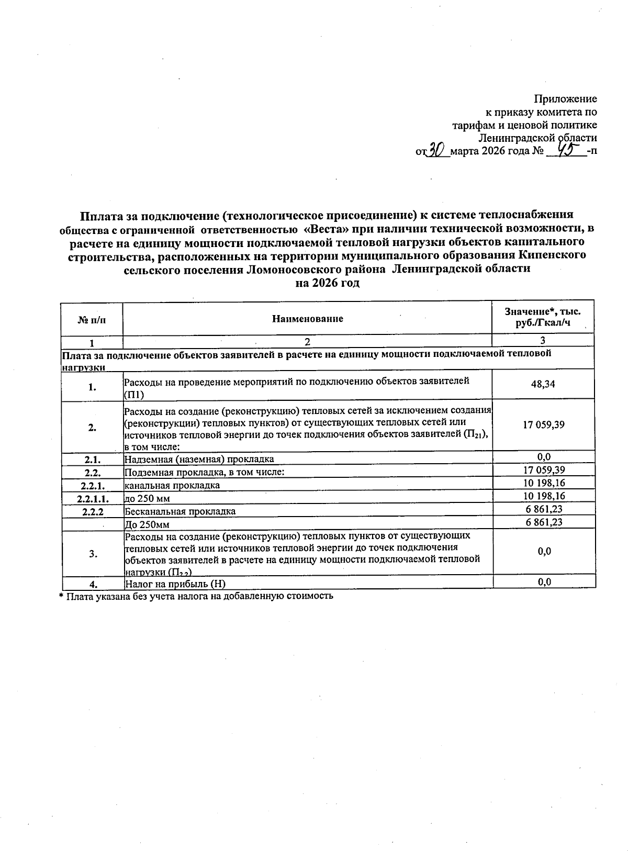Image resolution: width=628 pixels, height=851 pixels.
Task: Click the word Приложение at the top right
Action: (x=565, y=99)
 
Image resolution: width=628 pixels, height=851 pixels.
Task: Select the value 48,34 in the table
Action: (x=543, y=384)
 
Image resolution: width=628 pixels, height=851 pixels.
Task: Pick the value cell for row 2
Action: (x=543, y=425)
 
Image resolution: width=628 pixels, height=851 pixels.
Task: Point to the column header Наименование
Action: (x=307, y=319)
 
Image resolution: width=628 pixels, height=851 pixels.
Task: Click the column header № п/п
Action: (x=92, y=320)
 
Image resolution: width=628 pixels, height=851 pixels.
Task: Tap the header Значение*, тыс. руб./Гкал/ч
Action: (x=543, y=317)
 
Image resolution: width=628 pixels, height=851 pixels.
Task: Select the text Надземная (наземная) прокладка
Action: (x=199, y=460)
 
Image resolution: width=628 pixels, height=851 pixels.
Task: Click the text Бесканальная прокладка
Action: (x=180, y=511)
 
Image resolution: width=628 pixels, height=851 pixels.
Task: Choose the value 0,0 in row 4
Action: (x=544, y=582)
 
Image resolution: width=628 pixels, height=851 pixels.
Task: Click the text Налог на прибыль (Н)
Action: (x=175, y=584)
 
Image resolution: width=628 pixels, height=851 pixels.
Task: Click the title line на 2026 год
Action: (x=327, y=283)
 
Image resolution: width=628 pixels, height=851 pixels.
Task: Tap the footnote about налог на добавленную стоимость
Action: (x=196, y=596)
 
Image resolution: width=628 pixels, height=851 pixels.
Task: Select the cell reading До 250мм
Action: (x=147, y=524)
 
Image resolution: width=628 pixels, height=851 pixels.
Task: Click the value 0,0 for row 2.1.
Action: (x=544, y=457)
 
